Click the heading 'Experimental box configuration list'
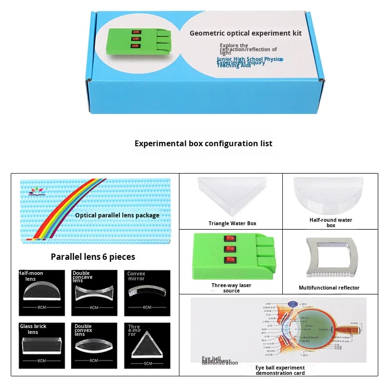coord(203,143)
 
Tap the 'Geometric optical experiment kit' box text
coord(245,33)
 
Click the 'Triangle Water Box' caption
coord(233,223)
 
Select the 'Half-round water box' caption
coord(331,223)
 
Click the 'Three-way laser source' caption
coord(232,288)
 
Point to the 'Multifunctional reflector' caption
coord(329,288)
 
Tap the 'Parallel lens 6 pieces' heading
coord(93,256)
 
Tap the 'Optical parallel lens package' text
coord(117,215)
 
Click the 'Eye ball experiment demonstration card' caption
coord(280,370)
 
